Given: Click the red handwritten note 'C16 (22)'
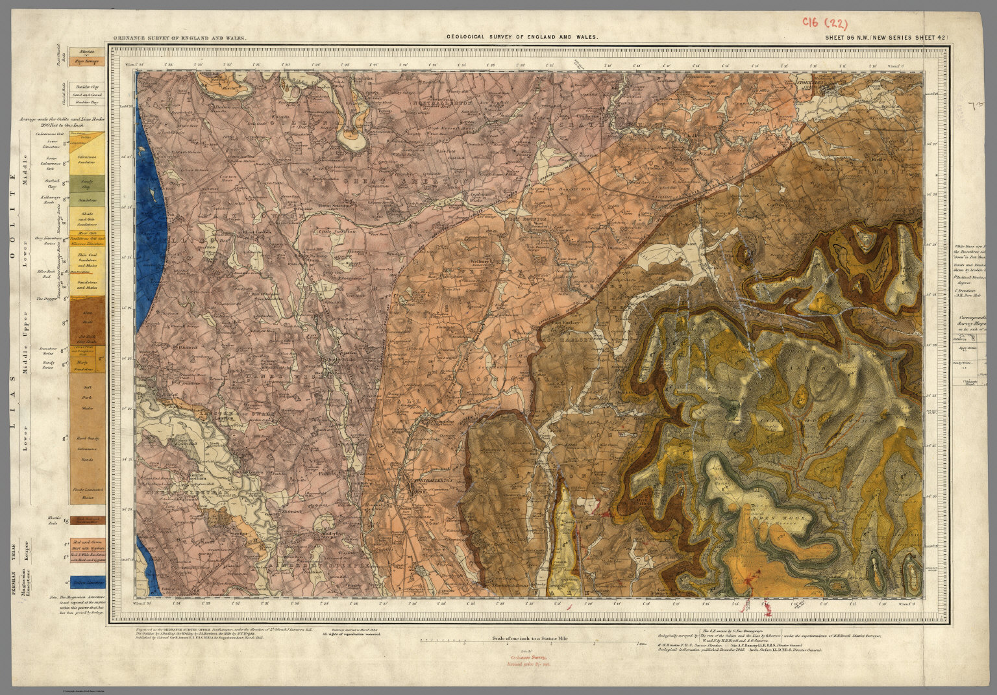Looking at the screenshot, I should (824, 23).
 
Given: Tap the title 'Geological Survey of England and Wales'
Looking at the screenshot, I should (522, 38).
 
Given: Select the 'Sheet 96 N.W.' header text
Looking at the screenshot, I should (883, 38).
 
